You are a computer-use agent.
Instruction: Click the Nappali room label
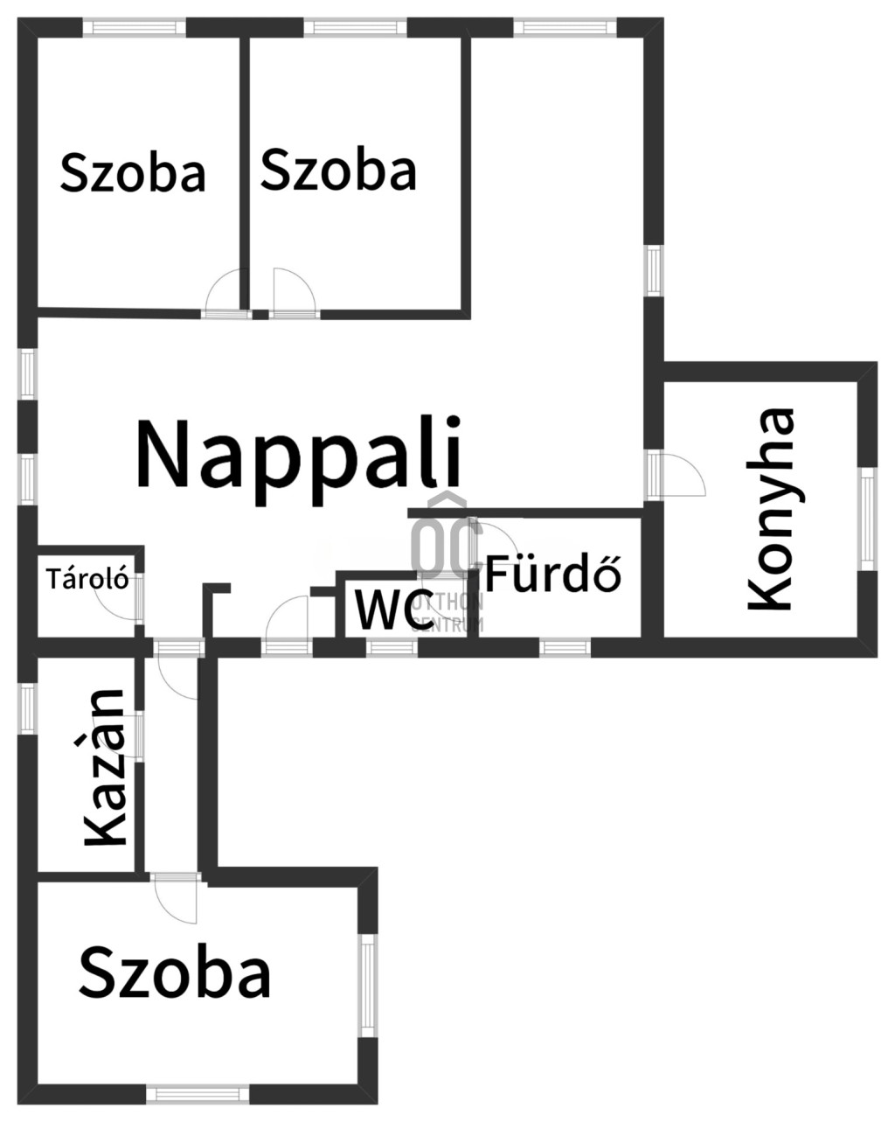tap(298, 460)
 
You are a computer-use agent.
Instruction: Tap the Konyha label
tap(771, 509)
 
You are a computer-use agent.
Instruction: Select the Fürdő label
tap(553, 574)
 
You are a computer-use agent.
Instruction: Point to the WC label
tap(394, 609)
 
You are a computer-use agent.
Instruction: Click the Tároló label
tap(87, 579)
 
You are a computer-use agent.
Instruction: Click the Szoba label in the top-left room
tap(133, 172)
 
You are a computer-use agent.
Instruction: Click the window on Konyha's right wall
tap(867, 519)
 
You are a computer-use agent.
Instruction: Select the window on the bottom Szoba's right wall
tap(368, 985)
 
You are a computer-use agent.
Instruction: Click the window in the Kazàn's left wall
tap(27, 708)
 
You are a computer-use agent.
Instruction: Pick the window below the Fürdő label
tap(565, 647)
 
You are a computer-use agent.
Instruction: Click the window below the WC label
tap(392, 647)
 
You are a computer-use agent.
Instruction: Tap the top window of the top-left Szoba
tap(135, 26)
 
